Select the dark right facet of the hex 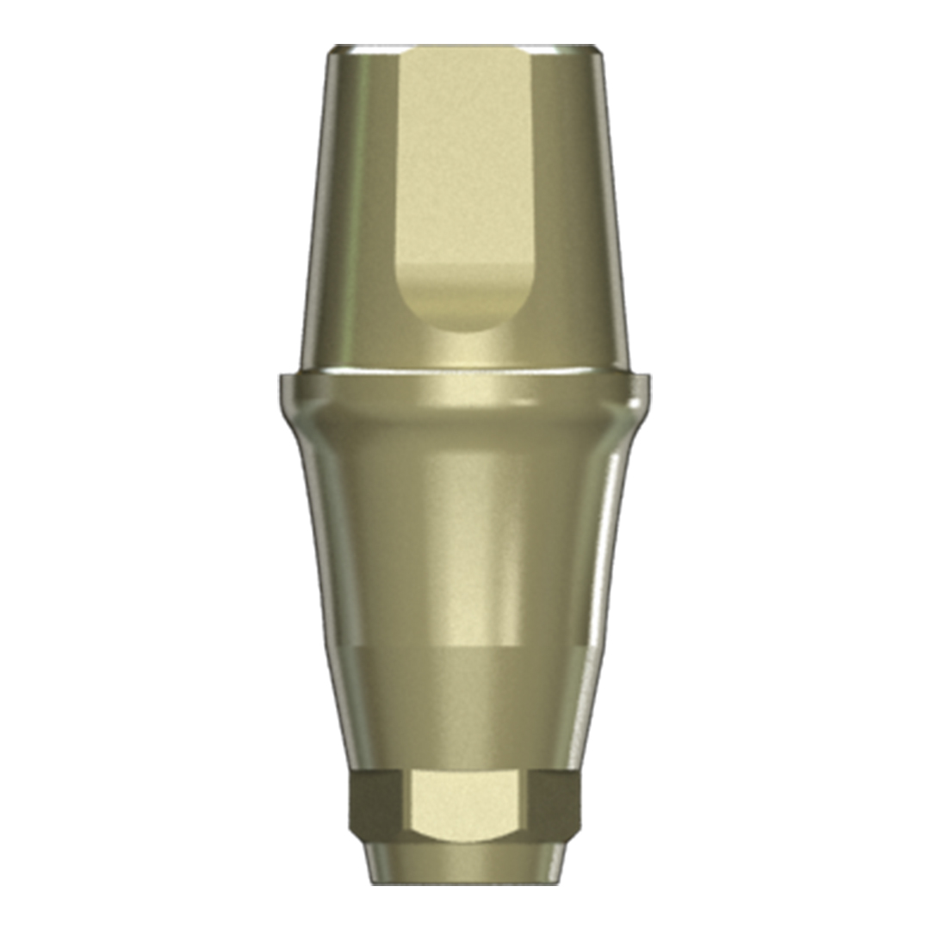(x=552, y=805)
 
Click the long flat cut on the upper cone (x=465, y=172)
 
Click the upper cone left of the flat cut (x=353, y=215)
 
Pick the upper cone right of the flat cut (x=573, y=215)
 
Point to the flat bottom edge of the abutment (x=464, y=883)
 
